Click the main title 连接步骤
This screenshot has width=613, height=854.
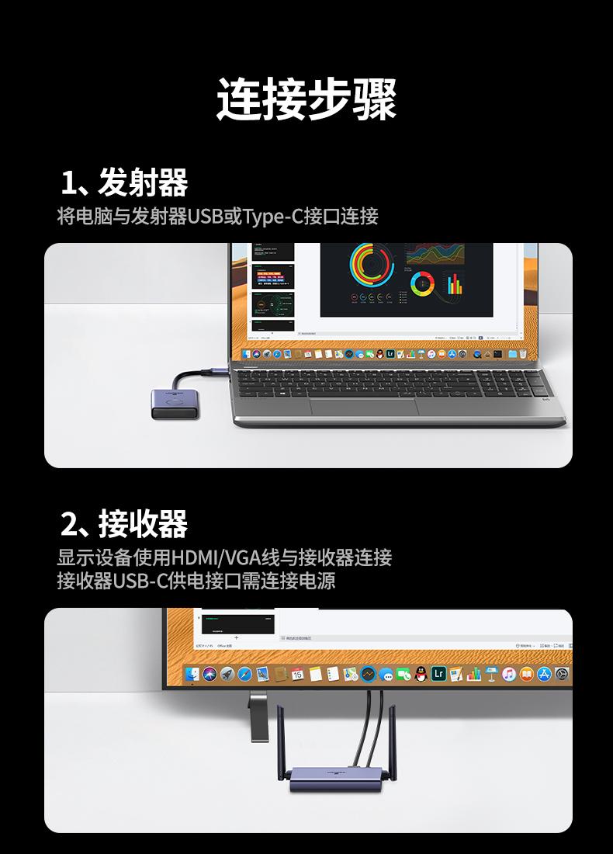pyautogui.click(x=306, y=99)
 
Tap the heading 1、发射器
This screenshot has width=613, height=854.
pyautogui.click(x=124, y=183)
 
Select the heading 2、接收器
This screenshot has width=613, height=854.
pyautogui.click(x=124, y=525)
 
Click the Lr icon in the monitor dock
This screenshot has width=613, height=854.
pyautogui.click(x=438, y=674)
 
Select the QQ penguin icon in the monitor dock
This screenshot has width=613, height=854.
pyautogui.click(x=421, y=674)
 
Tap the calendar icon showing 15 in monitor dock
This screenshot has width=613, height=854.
pyautogui.click(x=297, y=674)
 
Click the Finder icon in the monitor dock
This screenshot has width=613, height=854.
pyautogui.click(x=192, y=674)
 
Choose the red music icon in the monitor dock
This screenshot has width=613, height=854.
pyautogui.click(x=508, y=674)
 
